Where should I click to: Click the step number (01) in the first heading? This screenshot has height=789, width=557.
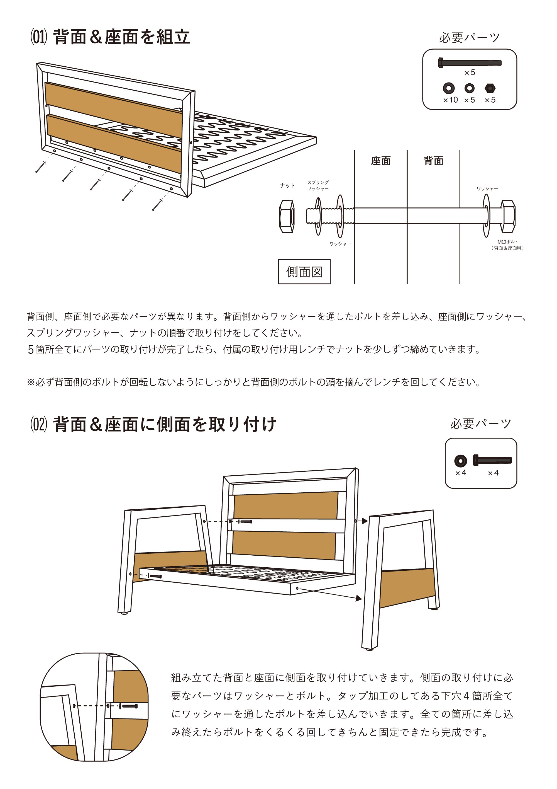tap(38, 37)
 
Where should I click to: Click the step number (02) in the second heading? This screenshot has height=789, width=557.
tap(38, 425)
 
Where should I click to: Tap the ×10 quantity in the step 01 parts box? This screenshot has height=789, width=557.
tap(451, 100)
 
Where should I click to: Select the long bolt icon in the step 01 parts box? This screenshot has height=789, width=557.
tap(470, 63)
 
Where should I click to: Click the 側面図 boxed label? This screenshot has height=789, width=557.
tap(304, 272)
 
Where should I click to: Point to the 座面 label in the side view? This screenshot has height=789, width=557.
tap(381, 161)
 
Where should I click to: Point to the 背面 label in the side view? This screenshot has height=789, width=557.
tap(433, 161)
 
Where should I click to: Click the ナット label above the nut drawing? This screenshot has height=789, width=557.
tap(287, 186)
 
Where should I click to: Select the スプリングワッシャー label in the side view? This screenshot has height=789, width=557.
tap(318, 186)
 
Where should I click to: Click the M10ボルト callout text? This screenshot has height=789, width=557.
tap(508, 245)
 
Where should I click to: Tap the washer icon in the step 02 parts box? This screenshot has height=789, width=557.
tap(461, 461)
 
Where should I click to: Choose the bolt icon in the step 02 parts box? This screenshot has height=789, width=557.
tap(492, 460)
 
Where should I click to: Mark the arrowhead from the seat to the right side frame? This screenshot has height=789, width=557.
tap(359, 599)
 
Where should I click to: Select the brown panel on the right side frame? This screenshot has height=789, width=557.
tap(407, 587)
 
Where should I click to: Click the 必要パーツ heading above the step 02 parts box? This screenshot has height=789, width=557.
tap(480, 424)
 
